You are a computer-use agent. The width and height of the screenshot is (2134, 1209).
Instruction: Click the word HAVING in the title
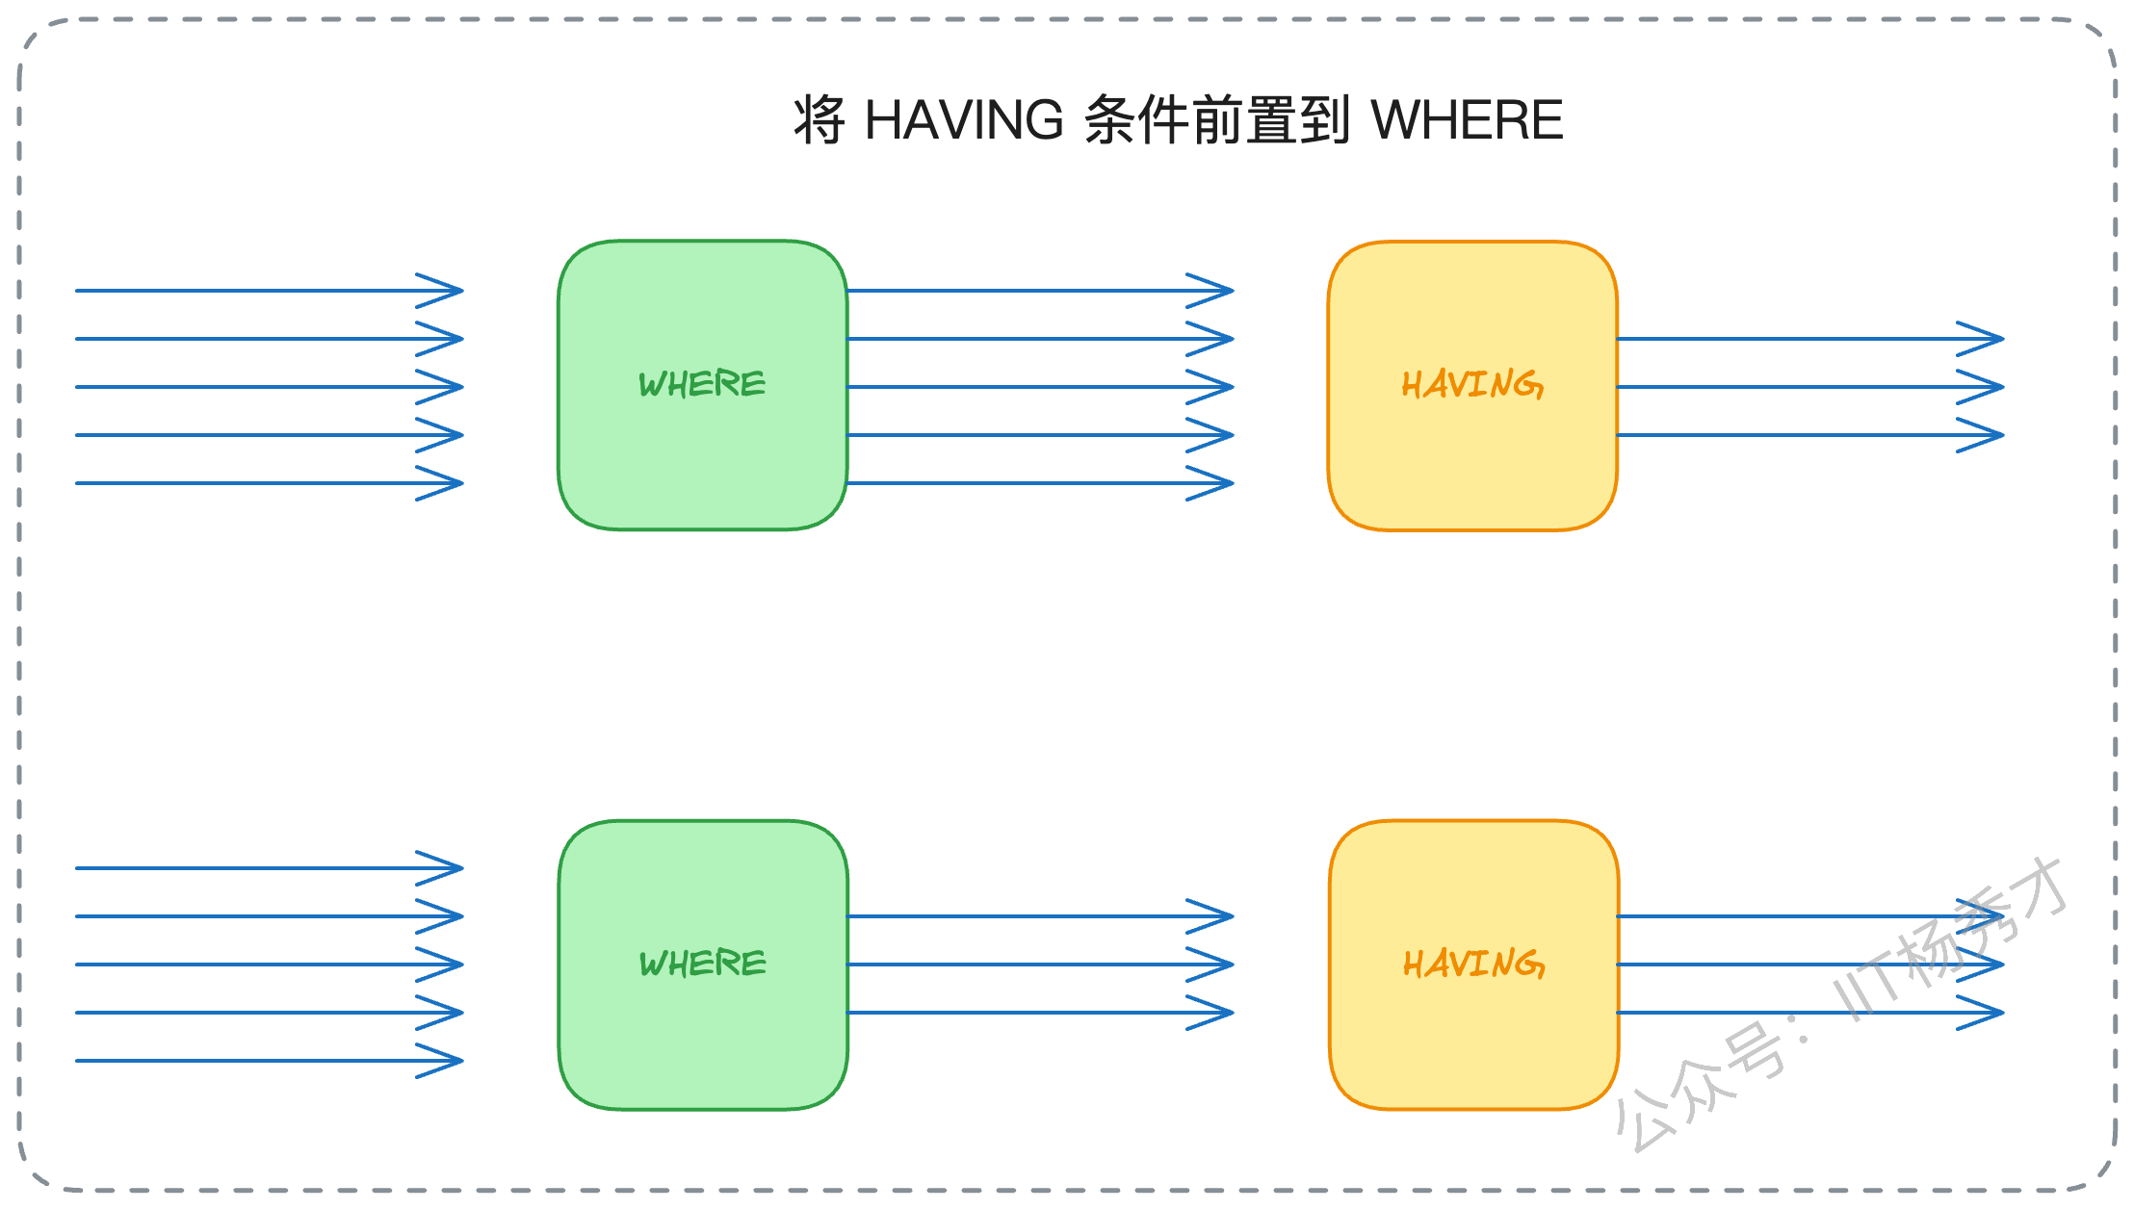[964, 120]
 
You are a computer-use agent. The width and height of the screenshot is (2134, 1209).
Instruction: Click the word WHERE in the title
[1467, 120]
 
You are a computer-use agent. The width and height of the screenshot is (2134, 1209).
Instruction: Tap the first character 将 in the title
[820, 120]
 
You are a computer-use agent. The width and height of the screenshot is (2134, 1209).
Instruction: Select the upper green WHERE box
[703, 385]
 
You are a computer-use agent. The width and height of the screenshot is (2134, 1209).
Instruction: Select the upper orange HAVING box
[1472, 385]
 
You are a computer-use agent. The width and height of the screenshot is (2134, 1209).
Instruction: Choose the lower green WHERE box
[703, 965]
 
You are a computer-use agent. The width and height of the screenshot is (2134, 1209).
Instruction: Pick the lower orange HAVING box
[1473, 965]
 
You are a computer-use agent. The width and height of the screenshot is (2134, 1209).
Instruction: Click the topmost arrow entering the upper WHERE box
[270, 290]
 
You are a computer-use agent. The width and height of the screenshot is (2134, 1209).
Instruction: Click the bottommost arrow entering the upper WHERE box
[270, 483]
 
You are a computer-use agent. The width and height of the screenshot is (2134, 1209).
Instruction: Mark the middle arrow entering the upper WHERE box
[270, 387]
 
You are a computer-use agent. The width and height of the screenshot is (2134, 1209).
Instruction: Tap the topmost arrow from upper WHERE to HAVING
[1040, 290]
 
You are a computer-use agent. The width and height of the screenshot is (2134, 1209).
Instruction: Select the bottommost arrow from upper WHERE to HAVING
[1040, 483]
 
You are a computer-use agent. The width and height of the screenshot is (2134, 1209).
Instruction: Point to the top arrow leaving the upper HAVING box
[1810, 339]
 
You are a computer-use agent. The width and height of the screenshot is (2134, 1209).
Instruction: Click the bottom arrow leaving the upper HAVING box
[1810, 435]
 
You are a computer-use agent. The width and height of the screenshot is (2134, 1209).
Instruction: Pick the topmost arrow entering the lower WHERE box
[270, 868]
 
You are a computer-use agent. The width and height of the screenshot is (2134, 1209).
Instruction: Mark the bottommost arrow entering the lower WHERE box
[270, 1061]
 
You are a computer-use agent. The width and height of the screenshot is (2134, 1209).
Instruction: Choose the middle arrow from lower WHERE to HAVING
[1040, 965]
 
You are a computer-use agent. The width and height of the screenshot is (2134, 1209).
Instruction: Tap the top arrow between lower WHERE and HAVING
[1040, 916]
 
